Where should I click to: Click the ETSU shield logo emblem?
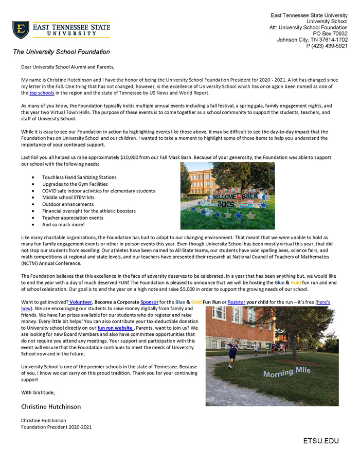pos(21,30)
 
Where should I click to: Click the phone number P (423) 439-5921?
pos(327,46)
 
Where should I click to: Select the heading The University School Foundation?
pos(61,52)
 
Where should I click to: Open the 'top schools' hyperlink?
pos(42,93)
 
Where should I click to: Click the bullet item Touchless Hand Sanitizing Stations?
pos(79,177)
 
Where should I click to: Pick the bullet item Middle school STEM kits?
pos(68,198)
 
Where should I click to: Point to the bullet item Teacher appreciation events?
pos(73,218)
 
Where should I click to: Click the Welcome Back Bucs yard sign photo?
pos(227,195)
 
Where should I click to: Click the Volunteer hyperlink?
pos(81,301)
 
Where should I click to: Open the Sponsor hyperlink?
pos(150,301)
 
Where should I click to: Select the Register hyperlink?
pos(237,301)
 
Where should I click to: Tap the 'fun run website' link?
pos(115,328)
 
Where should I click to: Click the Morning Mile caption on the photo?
pos(287,372)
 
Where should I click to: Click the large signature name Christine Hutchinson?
pos(51,406)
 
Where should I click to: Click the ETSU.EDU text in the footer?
pos(321,441)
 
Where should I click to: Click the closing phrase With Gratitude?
pos(38,393)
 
